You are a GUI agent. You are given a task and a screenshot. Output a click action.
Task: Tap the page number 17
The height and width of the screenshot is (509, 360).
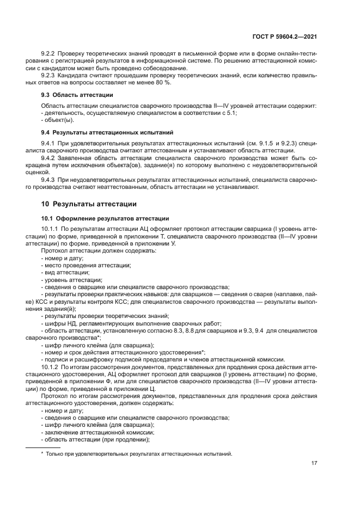click(314, 463)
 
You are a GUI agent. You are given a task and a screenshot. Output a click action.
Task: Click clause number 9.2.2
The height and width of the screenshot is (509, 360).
click(50, 55)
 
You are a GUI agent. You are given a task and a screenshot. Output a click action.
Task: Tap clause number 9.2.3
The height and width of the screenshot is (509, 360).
click(50, 76)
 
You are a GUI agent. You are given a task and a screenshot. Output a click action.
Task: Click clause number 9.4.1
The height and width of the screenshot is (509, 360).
click(50, 143)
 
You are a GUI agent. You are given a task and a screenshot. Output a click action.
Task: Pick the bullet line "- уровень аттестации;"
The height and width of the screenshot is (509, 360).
click(71, 279)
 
